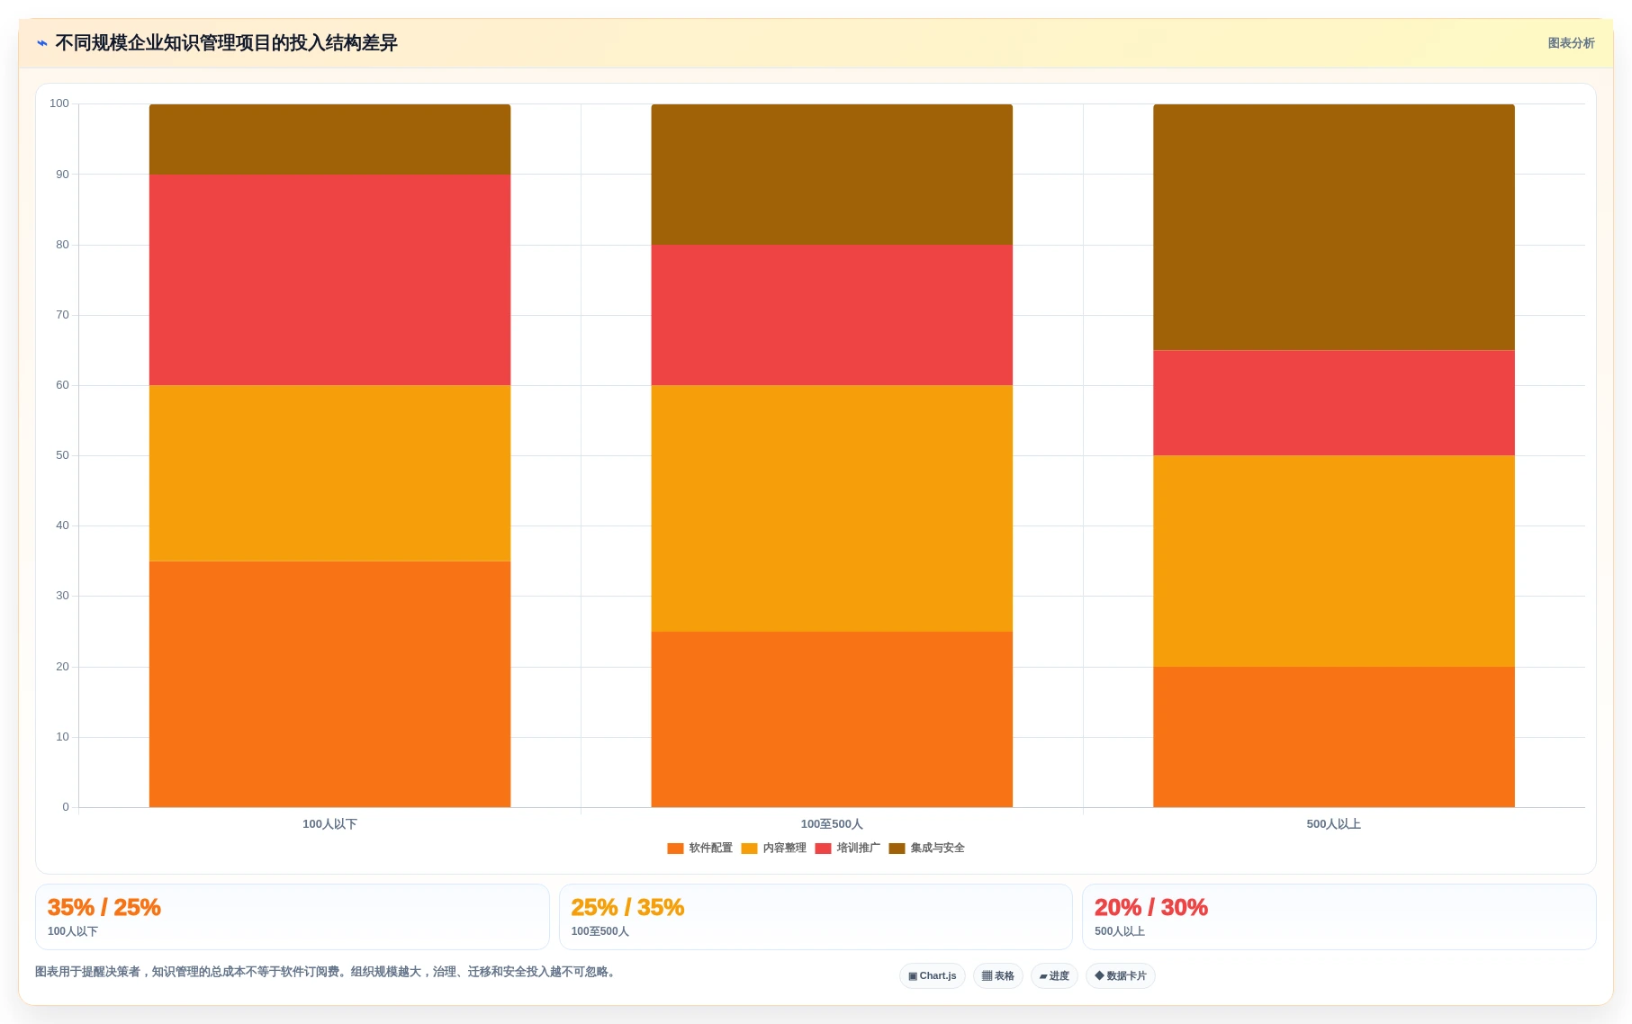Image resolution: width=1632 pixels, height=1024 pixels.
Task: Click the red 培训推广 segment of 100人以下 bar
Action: tap(329, 280)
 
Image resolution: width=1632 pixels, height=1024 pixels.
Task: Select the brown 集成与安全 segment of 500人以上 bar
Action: tap(1333, 227)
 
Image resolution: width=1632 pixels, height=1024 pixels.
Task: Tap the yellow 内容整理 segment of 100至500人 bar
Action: tap(832, 508)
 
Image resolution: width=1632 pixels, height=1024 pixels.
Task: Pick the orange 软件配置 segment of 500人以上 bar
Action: tap(1333, 737)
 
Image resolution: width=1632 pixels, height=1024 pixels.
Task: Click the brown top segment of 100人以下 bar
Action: tap(329, 139)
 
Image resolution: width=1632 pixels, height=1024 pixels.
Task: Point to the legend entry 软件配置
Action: tap(699, 848)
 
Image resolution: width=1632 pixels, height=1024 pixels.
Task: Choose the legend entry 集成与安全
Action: tap(926, 848)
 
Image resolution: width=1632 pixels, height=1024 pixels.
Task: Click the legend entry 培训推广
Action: tap(847, 848)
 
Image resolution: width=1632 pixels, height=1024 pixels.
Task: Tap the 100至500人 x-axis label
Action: tap(832, 824)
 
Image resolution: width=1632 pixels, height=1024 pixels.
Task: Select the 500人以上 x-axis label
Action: tap(1333, 824)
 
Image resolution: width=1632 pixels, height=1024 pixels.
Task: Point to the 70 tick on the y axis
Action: tap(62, 315)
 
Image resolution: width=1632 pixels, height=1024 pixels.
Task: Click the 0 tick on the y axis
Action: tap(66, 807)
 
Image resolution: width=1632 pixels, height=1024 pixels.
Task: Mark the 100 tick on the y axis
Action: tap(59, 103)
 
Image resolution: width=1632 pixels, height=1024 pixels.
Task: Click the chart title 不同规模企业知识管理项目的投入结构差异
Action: tap(226, 43)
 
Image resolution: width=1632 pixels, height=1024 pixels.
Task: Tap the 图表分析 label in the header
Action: tap(1571, 43)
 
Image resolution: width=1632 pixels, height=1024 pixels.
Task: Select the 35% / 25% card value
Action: tap(104, 907)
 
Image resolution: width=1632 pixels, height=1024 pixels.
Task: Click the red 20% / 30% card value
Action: tap(1151, 907)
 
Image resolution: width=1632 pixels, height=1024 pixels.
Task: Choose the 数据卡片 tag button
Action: tap(1121, 976)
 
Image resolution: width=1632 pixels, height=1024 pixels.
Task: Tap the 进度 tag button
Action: tap(1054, 976)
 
